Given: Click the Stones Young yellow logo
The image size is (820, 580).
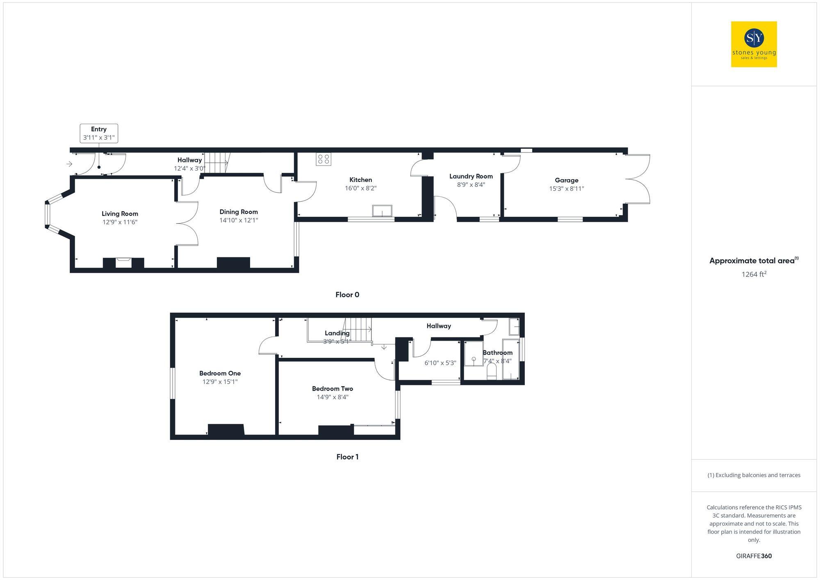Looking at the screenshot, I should tap(754, 44).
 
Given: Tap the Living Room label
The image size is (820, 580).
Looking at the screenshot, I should tap(120, 214).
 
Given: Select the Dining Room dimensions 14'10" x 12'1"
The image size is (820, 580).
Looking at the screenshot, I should tap(239, 221).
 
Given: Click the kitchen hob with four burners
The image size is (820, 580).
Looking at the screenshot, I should tap(323, 159).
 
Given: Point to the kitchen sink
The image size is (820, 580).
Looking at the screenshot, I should tap(382, 211).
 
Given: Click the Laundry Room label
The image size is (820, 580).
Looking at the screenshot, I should tap(471, 176).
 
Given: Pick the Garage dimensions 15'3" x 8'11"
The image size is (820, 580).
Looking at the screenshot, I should tap(566, 189).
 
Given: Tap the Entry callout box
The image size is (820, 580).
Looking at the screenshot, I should tap(99, 133).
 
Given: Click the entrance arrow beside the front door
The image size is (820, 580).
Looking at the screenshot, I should tap(69, 164).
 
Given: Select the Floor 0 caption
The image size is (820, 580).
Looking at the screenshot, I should tap(347, 295).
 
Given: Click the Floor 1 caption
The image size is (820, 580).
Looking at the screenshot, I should tap(347, 457).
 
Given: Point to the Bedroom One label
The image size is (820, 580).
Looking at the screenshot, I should tap(220, 373).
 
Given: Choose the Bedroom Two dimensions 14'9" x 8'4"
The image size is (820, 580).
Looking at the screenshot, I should tap(332, 397).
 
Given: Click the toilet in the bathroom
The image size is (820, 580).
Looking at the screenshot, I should tap(491, 372).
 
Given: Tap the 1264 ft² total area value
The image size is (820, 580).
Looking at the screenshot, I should tap(754, 275).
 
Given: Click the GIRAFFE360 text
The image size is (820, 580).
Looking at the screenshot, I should tap(754, 556).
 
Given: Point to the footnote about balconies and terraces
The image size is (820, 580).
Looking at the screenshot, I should tap(754, 475).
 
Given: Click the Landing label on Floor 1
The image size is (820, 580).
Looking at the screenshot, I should tap(337, 333).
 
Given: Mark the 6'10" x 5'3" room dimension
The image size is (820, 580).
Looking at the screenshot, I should tap(440, 363).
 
